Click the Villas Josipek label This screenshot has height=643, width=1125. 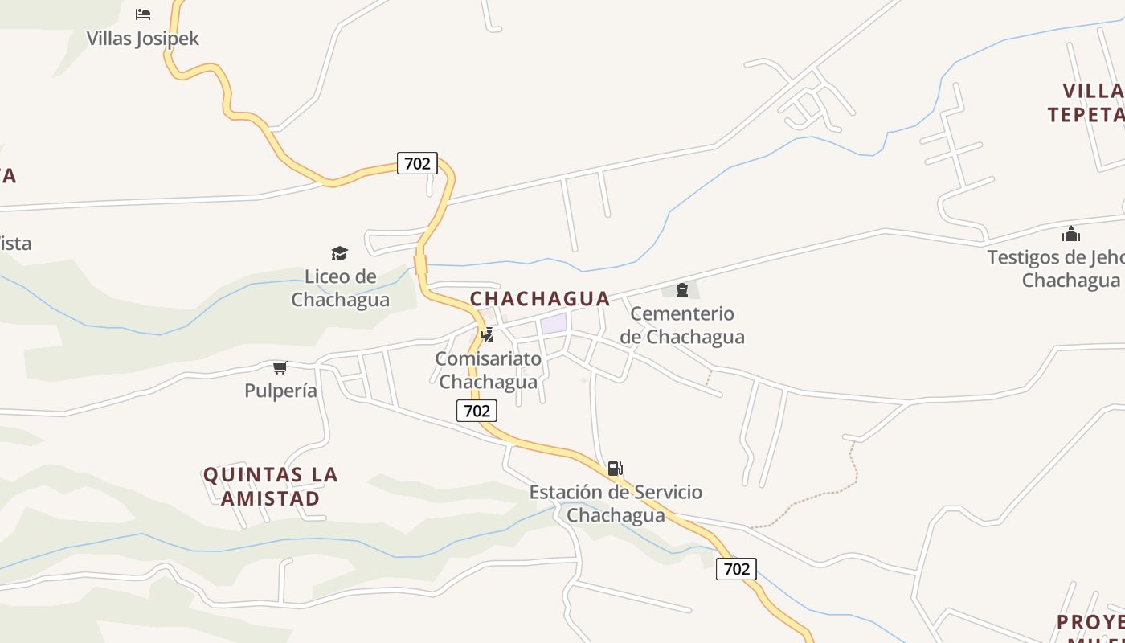[143, 38]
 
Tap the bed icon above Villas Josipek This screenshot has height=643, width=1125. [143, 14]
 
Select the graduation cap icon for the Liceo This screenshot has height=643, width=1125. [340, 253]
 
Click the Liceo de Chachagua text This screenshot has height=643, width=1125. [340, 289]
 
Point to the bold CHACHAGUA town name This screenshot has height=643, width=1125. [540, 299]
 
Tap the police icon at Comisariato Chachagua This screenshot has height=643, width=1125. [488, 334]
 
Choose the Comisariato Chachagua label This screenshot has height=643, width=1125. [488, 370]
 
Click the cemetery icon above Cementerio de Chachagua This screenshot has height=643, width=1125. [682, 289]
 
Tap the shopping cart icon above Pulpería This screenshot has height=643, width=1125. [280, 367]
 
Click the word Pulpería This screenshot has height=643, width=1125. [281, 391]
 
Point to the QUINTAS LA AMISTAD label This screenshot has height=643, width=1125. [271, 486]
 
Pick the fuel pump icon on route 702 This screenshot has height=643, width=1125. [615, 468]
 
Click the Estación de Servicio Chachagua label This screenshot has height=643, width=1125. [616, 503]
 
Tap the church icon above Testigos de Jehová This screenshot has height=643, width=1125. [1070, 234]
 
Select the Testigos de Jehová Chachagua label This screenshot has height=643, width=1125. [1061, 268]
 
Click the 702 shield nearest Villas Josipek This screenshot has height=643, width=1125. [417, 163]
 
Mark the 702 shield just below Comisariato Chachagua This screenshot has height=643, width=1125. [477, 411]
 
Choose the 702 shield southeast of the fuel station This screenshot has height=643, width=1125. [736, 569]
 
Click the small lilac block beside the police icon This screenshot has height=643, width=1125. [554, 324]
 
